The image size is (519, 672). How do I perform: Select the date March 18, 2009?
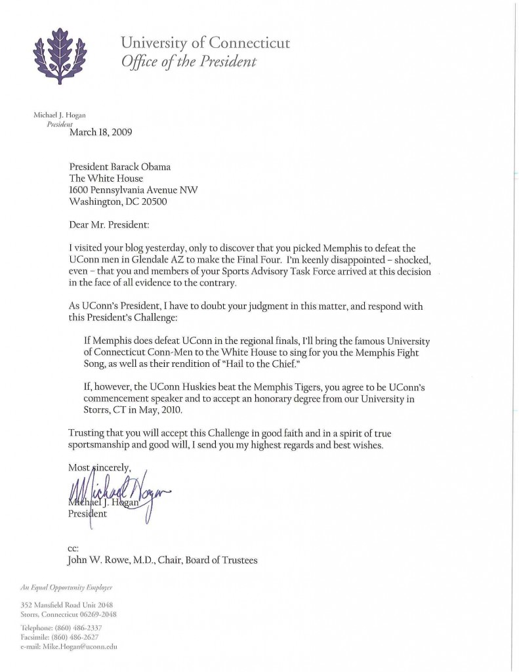pyautogui.click(x=100, y=131)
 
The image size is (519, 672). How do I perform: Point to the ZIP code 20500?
pyautogui.click(x=150, y=202)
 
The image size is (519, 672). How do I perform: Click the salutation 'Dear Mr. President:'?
pyautogui.click(x=109, y=225)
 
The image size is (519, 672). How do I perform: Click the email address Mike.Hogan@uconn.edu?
pyautogui.click(x=85, y=646)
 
